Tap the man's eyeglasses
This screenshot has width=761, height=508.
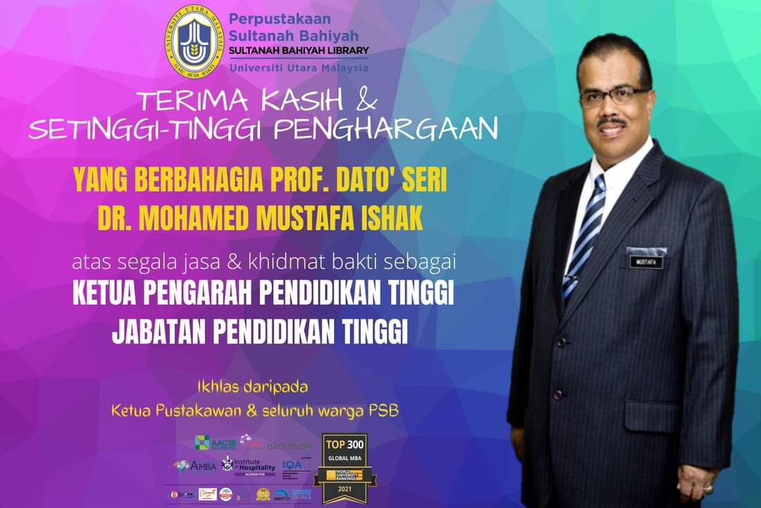click(x=614, y=96)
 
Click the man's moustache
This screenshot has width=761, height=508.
click(x=612, y=122)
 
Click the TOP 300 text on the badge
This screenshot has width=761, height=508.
click(x=345, y=444)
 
